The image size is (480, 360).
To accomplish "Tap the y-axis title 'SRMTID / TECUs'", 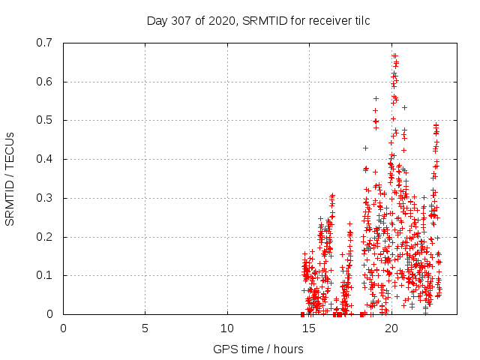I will tap(10, 178).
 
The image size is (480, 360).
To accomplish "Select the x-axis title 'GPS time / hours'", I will tap(258, 349).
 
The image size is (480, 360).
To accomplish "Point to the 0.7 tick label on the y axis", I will tap(46, 43).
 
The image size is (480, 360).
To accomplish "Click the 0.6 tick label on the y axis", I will tap(46, 82).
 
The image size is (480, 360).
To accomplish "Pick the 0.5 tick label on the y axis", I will tap(46, 120).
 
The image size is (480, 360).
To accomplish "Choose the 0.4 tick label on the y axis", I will tap(46, 159).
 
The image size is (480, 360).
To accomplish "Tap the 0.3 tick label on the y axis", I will tap(46, 198).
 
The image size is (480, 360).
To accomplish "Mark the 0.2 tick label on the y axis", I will tap(46, 236).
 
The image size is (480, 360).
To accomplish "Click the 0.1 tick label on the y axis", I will tap(46, 275).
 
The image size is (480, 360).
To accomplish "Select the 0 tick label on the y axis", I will tap(52, 314).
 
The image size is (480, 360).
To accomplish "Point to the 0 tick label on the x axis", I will tap(63, 328).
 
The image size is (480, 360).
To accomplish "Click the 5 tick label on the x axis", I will tap(145, 328).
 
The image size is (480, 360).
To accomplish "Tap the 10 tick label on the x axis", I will tap(227, 328).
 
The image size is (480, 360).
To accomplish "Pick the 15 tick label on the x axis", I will tap(309, 328).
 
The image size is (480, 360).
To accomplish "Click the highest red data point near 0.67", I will tap(394, 55).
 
